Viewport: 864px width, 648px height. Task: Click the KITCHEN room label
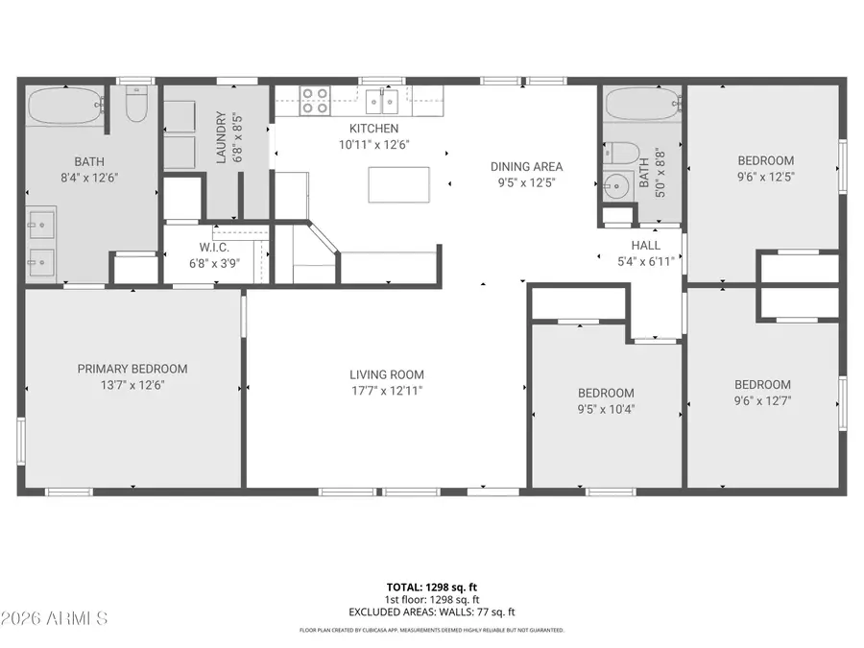373,129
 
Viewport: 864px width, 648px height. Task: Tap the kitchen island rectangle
398,184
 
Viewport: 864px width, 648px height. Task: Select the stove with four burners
315,101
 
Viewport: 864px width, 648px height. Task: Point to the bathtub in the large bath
64,107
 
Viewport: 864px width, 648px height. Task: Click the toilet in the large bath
136,106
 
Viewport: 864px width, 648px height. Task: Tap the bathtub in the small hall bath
641,104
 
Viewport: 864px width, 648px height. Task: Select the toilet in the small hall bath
623,153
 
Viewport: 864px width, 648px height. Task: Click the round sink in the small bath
616,185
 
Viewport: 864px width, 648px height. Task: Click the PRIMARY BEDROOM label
132,369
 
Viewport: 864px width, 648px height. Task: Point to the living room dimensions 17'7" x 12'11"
386,391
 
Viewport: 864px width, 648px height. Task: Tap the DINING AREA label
526,167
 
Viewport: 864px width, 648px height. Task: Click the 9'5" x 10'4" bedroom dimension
606,409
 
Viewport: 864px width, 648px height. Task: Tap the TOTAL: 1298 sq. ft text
431,586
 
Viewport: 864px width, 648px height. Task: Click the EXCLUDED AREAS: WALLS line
431,612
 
